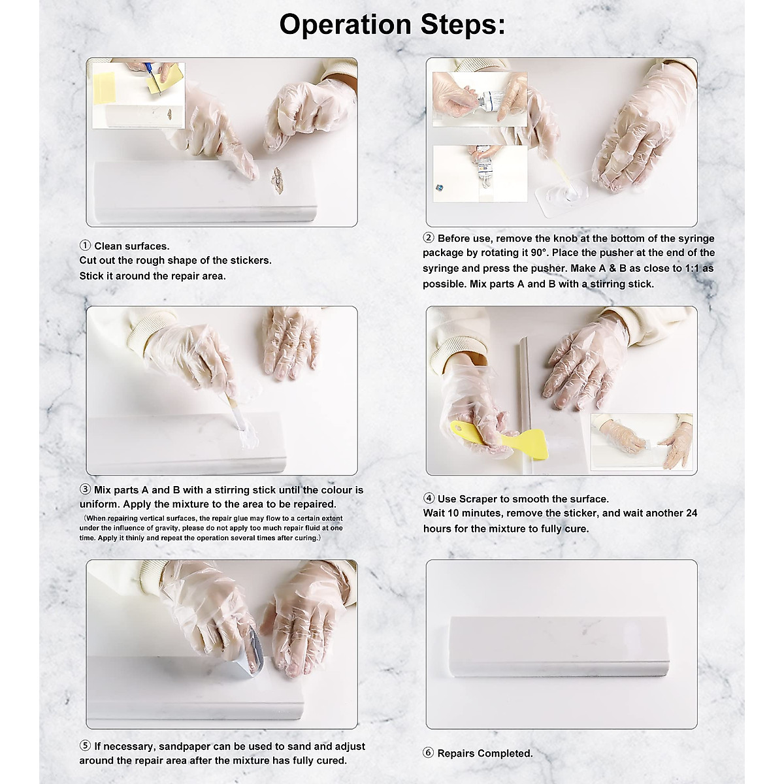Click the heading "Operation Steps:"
[x=392, y=25]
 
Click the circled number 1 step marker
[x=85, y=246]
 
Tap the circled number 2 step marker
[x=429, y=238]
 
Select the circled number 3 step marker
[x=85, y=490]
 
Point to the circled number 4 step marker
[x=429, y=499]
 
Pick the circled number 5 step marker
[x=85, y=746]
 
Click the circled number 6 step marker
[x=429, y=753]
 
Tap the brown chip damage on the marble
[x=277, y=180]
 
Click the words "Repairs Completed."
[x=485, y=753]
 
